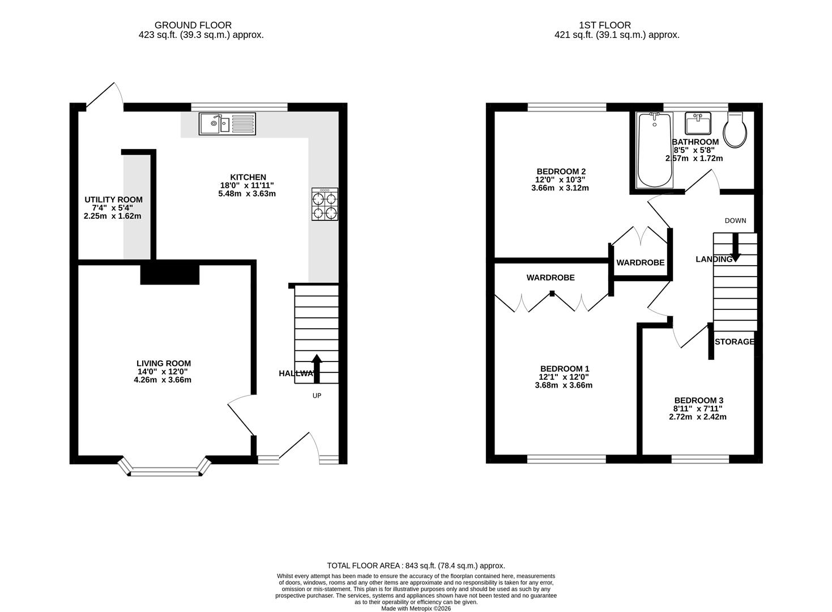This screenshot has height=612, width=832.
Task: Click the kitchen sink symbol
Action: pos(227,124)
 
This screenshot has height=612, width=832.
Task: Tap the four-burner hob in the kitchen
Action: pos(325,204)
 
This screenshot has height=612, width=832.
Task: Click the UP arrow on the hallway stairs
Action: pos(317,368)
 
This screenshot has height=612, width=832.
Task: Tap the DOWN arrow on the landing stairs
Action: pos(736,248)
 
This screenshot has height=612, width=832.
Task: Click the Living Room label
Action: pos(164,363)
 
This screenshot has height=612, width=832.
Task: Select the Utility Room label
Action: pos(113,199)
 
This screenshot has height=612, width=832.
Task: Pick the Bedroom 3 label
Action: pos(698,399)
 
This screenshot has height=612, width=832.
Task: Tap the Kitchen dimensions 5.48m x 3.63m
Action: pos(247,193)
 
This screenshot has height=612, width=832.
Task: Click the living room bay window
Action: pos(165,469)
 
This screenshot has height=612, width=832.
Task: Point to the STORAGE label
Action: pos(735,342)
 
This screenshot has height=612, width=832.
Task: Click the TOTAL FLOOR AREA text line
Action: pos(416,566)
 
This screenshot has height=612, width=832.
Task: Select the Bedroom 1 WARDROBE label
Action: pos(551,278)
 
